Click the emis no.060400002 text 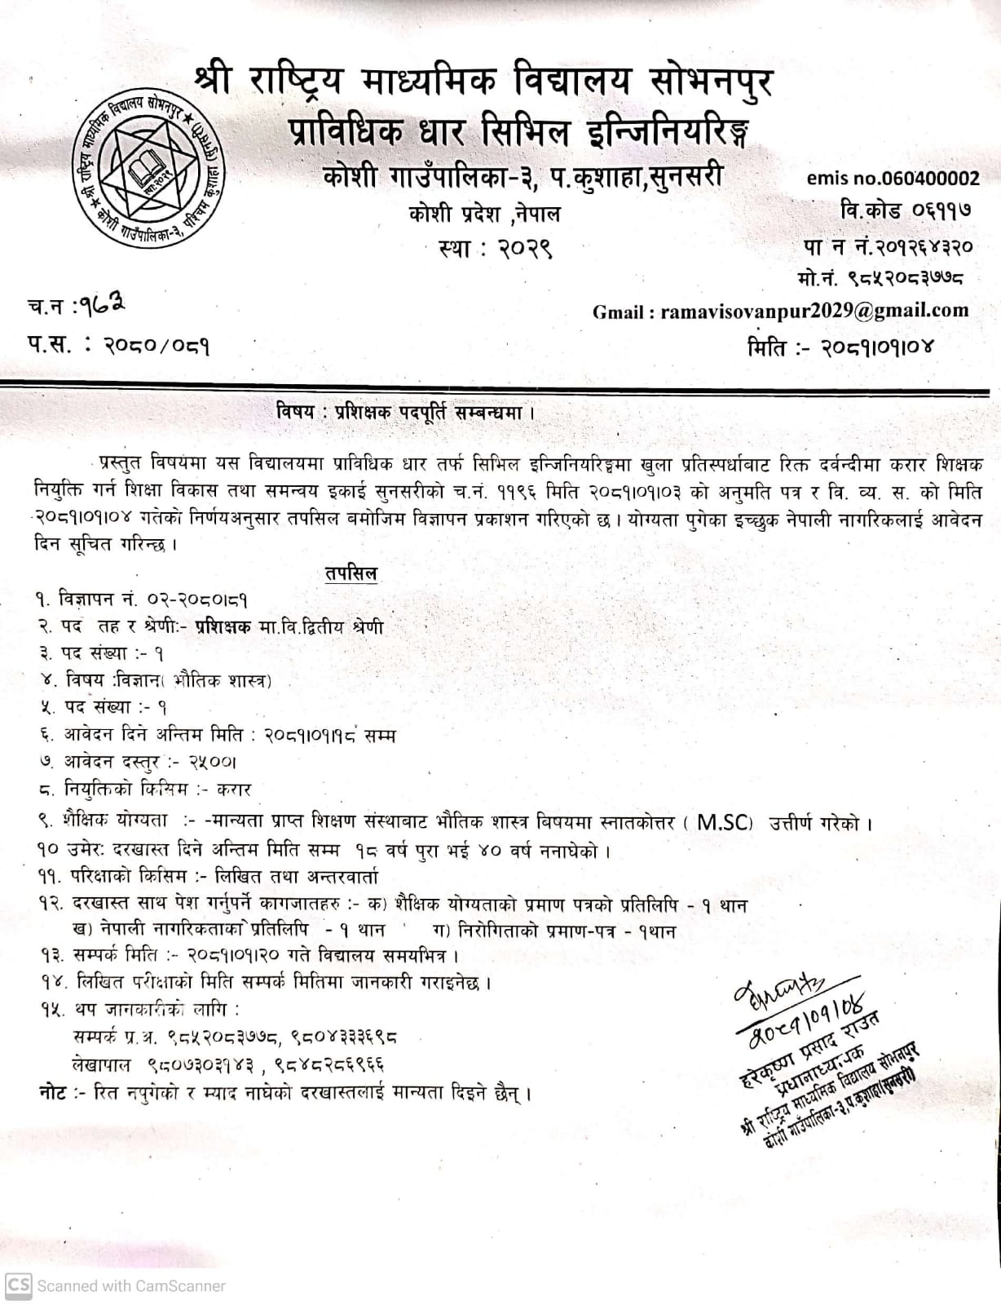point(893,178)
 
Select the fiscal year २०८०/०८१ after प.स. point(157,346)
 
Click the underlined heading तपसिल point(350,574)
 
